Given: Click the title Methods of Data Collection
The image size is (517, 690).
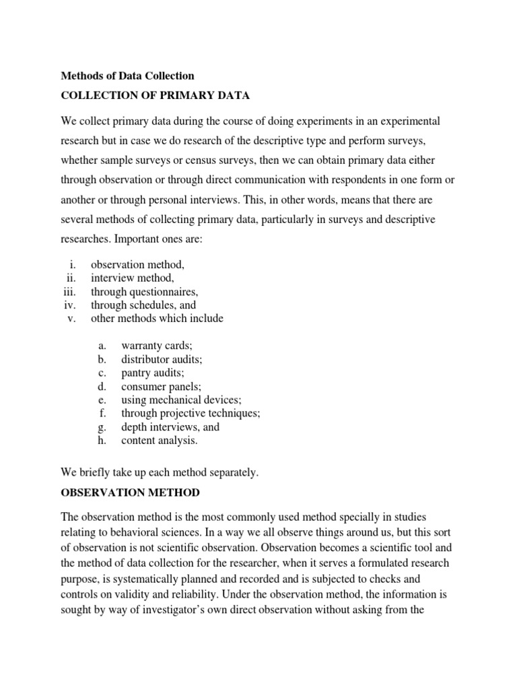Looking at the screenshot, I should pos(127,76).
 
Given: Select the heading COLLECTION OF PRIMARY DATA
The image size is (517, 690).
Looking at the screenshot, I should pos(155,96).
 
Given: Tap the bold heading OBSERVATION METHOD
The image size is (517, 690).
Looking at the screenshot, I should pos(130,493).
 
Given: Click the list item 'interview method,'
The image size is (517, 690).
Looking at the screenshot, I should pos(133,278).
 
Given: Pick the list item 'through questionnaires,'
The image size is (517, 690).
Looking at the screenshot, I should pos(145,292).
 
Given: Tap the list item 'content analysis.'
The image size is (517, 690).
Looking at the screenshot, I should pos(160,441).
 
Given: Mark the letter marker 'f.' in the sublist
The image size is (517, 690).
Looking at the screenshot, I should pos(102,413).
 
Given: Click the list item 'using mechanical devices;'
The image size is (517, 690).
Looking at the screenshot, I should pos(181,400).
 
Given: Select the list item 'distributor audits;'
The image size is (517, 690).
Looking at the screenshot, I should pos(162,359).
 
